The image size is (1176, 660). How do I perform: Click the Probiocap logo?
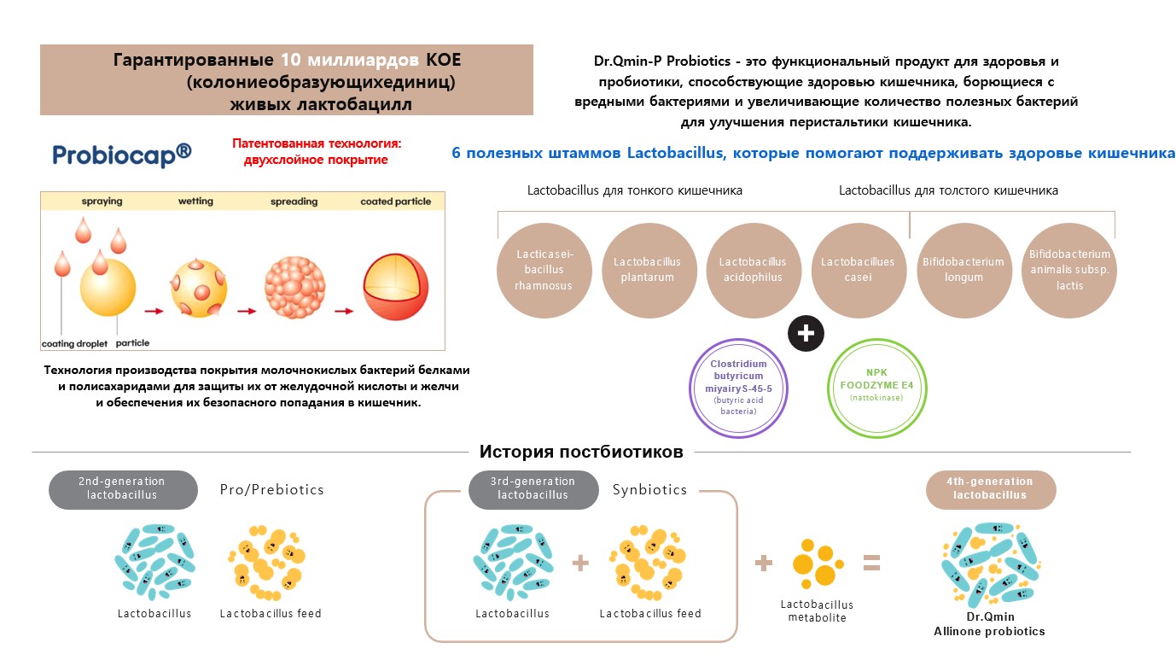point(122,154)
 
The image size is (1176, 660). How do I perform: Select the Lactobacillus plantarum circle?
point(649,270)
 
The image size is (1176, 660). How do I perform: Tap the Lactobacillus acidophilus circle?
point(753,270)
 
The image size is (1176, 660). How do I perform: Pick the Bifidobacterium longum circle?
point(964,270)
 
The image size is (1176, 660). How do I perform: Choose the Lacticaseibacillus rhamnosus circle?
point(544,270)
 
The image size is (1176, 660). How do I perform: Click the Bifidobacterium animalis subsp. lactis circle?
point(1068,270)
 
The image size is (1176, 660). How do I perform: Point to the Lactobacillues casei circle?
point(858,270)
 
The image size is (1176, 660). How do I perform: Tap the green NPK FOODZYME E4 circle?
point(877,388)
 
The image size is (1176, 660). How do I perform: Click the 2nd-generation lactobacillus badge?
point(122,489)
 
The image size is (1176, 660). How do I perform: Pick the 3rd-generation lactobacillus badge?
point(533,489)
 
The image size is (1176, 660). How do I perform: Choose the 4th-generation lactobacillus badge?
point(991,489)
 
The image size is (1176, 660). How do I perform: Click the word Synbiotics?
point(649,490)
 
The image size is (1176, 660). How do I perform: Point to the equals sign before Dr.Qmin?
point(871,563)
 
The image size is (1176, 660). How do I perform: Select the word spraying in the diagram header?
point(102,202)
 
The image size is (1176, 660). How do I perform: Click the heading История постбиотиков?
point(581,452)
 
